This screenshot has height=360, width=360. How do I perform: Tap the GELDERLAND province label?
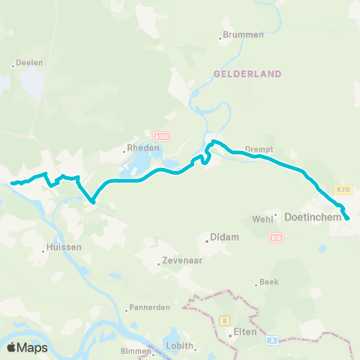(247, 74)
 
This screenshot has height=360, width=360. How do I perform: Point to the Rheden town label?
(143, 148)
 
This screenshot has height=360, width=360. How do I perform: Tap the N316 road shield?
(343, 190)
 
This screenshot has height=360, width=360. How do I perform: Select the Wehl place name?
(262, 218)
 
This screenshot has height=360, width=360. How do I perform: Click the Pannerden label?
(149, 307)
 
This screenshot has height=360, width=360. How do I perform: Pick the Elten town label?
(244, 331)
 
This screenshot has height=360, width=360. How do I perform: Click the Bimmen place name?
(136, 350)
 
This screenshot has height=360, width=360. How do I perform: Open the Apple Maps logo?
(27, 347)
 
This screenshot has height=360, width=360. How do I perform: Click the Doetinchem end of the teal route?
(348, 219)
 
